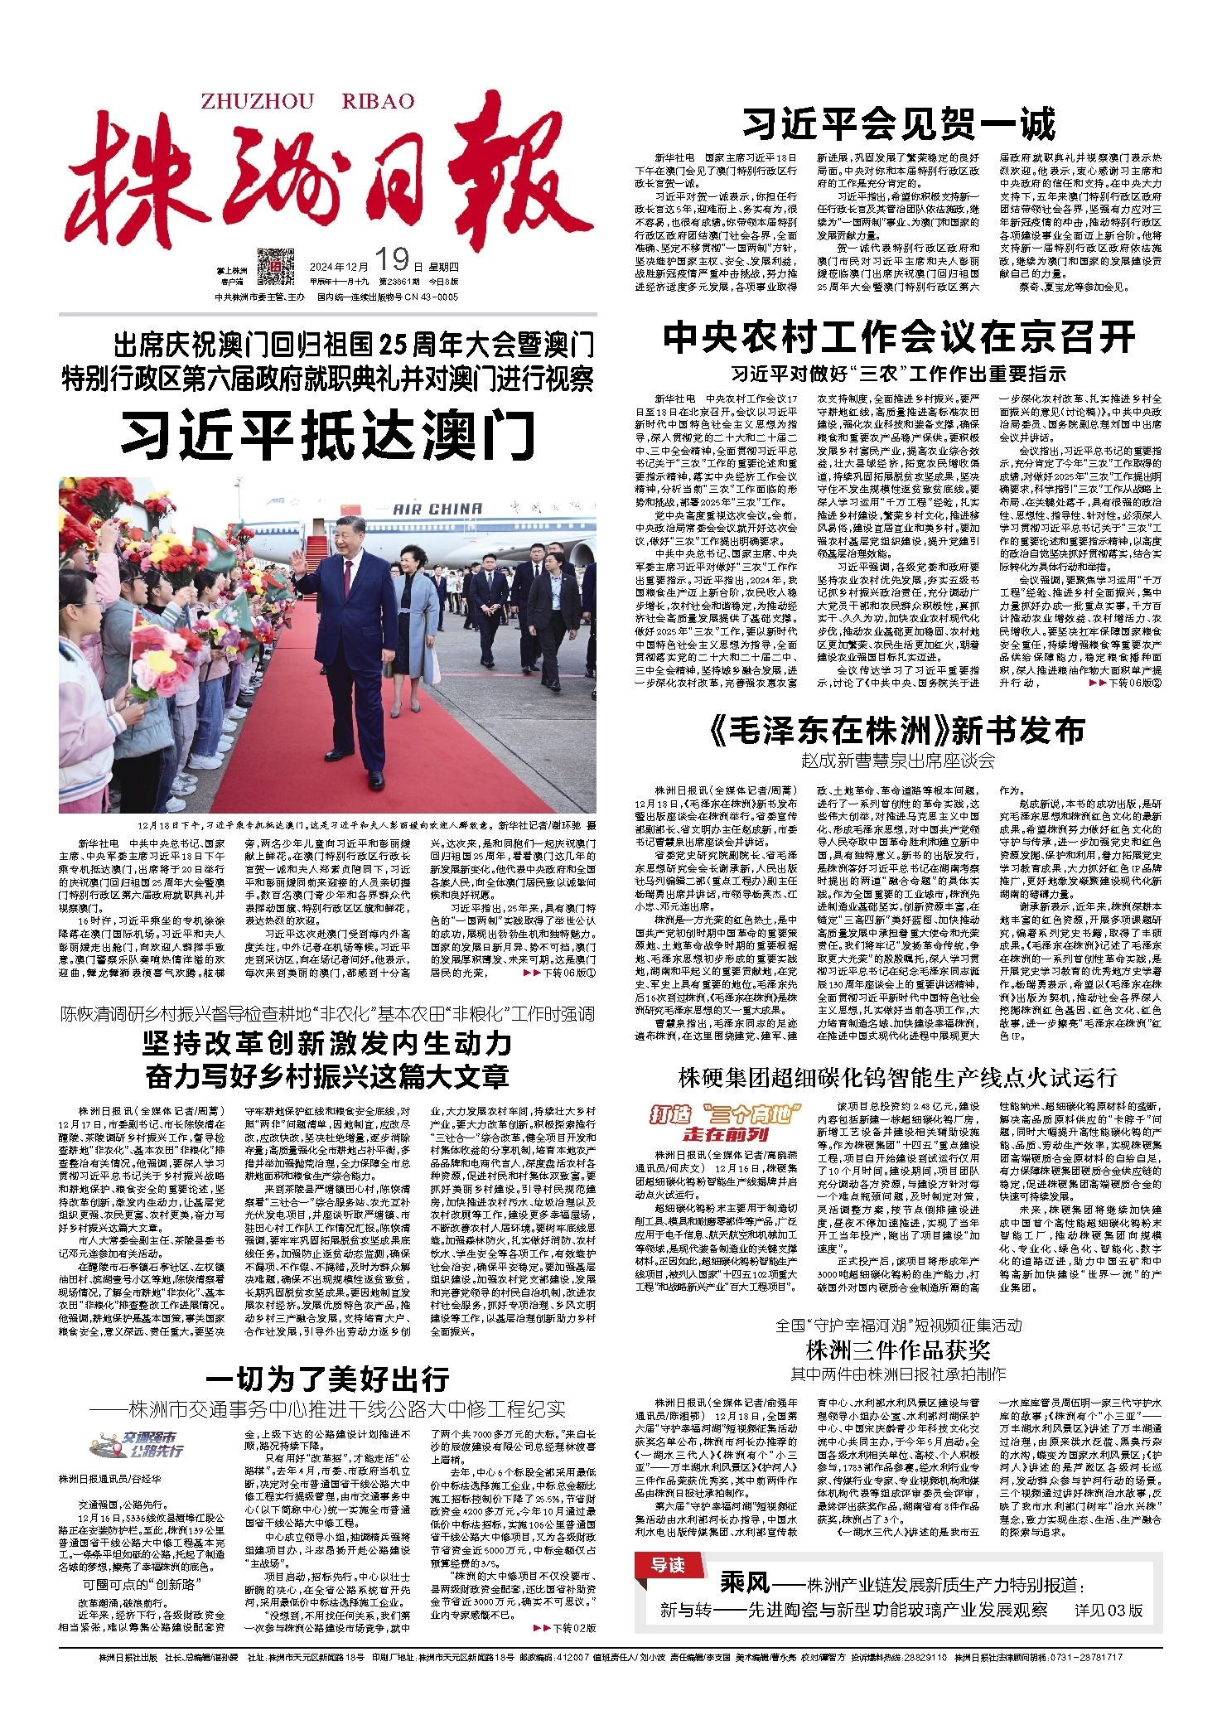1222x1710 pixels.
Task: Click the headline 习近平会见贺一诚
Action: click(899, 125)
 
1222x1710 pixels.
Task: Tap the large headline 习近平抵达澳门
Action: click(328, 436)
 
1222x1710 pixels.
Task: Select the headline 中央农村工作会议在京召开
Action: click(899, 337)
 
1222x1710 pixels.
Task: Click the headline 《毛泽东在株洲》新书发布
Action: click(897, 731)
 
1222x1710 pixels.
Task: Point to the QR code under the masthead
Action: click(275, 267)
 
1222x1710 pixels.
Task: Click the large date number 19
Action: click(392, 260)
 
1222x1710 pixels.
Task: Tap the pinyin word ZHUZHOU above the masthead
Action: click(258, 101)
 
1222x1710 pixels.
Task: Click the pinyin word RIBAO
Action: click(378, 101)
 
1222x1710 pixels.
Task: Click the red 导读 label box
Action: click(667, 1564)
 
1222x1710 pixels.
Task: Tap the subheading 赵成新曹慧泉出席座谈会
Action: click(897, 761)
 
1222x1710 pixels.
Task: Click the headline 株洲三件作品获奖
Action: click(898, 1350)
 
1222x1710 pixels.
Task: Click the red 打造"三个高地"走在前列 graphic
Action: click(725, 1123)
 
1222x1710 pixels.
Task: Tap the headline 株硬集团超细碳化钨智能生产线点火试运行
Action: click(897, 1077)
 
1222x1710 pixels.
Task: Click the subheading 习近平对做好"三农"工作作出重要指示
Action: click(899, 374)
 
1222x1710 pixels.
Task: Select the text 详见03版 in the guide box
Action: click(1108, 1610)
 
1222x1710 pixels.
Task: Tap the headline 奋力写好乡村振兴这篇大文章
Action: click(327, 1076)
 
